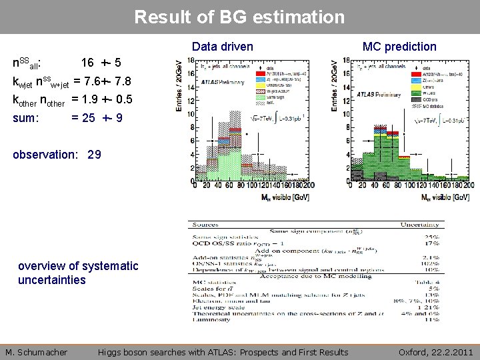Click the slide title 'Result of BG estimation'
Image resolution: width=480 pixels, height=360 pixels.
(x=240, y=16)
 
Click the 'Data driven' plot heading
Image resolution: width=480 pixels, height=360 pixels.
(x=223, y=47)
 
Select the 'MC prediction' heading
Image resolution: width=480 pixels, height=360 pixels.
(x=399, y=47)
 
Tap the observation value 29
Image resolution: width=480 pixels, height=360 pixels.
(x=94, y=155)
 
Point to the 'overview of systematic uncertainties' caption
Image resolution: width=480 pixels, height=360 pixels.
(x=69, y=273)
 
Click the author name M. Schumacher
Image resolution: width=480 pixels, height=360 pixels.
(x=37, y=352)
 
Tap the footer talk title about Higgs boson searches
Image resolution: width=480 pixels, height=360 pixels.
(x=223, y=352)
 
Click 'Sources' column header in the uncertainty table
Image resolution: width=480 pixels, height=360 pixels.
(x=207, y=226)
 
